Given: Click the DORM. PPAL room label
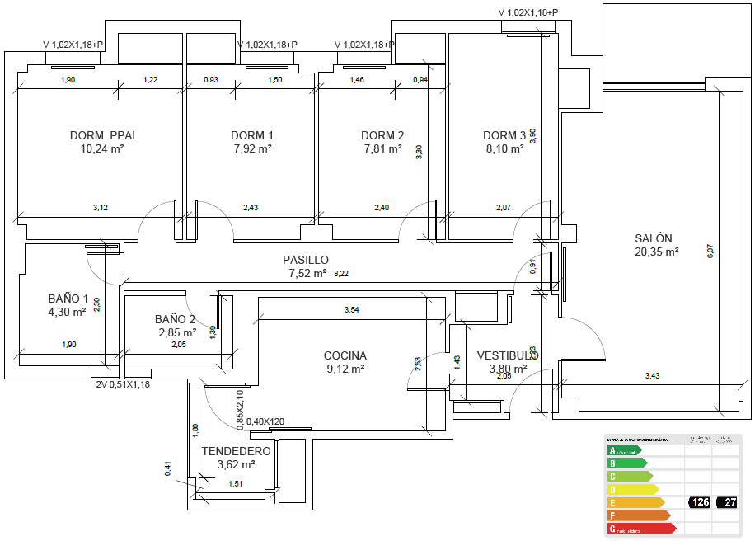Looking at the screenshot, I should click(x=104, y=135).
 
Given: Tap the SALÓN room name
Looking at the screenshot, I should click(x=654, y=238).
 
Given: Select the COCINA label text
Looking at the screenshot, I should click(x=345, y=355).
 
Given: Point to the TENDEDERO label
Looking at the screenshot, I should click(x=237, y=451).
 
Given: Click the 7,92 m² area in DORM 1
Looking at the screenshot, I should click(x=252, y=149).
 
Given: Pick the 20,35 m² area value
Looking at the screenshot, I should click(x=656, y=252).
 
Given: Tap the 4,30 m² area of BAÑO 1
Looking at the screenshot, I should click(x=68, y=312).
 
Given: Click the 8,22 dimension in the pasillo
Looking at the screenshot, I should click(x=341, y=273).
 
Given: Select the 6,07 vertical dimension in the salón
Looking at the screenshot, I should click(x=710, y=252).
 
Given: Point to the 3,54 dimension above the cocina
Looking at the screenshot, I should click(x=351, y=309).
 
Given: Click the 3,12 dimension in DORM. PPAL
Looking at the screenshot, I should click(x=100, y=207).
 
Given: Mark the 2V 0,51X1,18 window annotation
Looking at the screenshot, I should click(x=123, y=383).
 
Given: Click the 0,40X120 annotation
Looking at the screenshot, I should click(x=265, y=421).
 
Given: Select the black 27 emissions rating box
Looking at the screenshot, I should click(x=727, y=502).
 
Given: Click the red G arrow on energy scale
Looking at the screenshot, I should click(x=640, y=528).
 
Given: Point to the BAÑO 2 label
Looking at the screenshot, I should click(x=176, y=319).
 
